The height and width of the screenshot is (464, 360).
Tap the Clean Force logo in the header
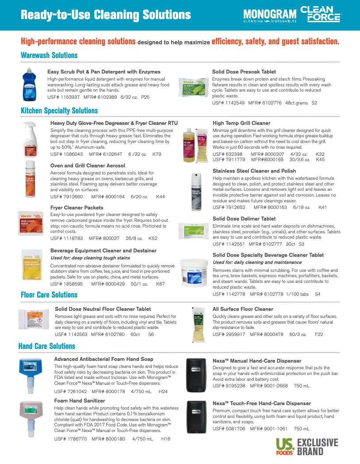tap(320, 14)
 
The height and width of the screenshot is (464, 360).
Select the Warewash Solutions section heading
tap(49, 55)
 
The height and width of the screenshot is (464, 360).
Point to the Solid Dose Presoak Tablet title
tap(244, 72)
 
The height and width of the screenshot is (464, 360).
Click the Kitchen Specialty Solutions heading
tap(59, 111)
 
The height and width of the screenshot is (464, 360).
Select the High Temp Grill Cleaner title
tap(241, 123)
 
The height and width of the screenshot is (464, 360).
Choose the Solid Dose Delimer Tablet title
tap(244, 219)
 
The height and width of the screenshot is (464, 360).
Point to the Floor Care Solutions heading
tap(49, 295)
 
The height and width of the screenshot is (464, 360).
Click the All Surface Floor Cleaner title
tap(243, 309)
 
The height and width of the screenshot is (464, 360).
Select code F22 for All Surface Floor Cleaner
tap(319, 334)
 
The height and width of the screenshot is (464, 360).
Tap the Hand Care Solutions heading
tap(47, 346)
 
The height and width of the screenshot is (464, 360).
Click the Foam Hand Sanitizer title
tap(80, 401)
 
